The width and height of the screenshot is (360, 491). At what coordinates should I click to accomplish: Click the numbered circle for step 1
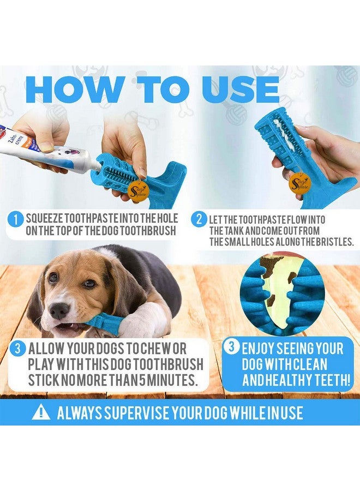click(16, 219)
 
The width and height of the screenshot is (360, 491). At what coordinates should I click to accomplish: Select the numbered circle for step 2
click(199, 219)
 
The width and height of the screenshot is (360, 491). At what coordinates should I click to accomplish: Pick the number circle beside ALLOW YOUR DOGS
click(16, 349)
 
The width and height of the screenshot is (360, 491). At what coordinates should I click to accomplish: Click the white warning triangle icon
click(41, 412)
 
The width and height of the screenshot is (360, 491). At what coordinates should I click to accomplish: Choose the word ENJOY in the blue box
click(261, 349)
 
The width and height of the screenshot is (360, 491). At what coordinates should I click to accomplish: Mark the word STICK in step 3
click(45, 379)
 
